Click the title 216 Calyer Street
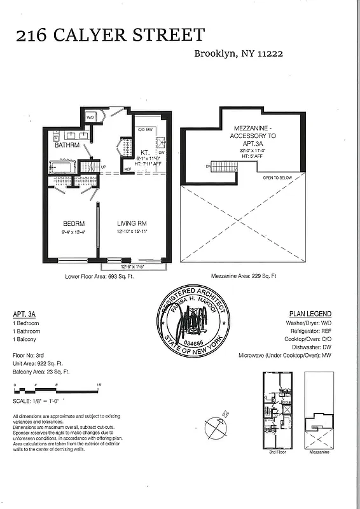(110, 35)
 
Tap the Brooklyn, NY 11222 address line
(239, 54)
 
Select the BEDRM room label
(74, 224)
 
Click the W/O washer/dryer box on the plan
(90, 118)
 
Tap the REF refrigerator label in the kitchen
(127, 169)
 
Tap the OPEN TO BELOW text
(277, 178)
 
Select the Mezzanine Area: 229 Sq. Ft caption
(244, 277)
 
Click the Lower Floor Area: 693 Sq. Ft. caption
(105, 277)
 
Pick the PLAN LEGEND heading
(310, 314)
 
